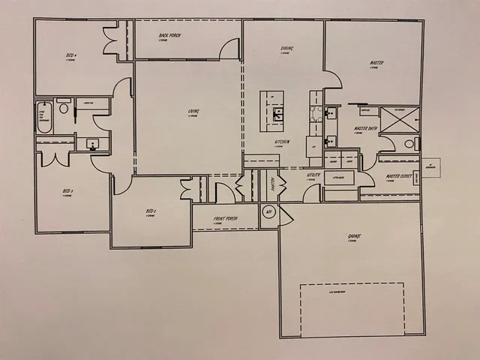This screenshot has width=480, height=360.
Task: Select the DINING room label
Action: (x=286, y=49)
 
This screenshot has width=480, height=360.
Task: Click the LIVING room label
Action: (x=193, y=112)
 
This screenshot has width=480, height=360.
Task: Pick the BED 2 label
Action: (x=150, y=211)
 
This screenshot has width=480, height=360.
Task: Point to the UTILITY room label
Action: (x=313, y=175)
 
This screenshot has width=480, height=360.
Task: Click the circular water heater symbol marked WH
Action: (x=268, y=213)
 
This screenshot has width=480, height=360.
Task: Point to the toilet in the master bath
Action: (x=409, y=143)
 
